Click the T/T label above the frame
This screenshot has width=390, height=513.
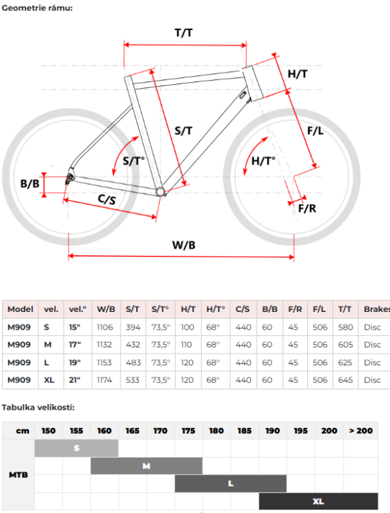click(x=183, y=33)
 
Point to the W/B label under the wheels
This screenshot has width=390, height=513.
click(x=183, y=245)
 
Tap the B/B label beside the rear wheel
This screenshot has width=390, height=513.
click(x=30, y=183)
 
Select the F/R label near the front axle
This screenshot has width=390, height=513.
click(x=307, y=209)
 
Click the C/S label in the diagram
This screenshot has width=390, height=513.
click(x=107, y=199)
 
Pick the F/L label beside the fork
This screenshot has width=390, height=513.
click(x=315, y=131)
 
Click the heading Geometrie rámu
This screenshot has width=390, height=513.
click(x=37, y=8)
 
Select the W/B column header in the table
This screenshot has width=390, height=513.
click(x=106, y=309)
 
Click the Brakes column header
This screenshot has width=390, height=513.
click(x=376, y=309)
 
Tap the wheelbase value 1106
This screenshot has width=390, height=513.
click(x=105, y=327)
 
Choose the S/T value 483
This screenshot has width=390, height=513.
click(x=133, y=363)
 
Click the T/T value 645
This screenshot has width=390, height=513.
click(x=346, y=380)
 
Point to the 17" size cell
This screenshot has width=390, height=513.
click(x=75, y=345)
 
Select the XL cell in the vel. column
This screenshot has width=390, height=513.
click(x=49, y=380)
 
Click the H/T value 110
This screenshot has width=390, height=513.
click(x=186, y=345)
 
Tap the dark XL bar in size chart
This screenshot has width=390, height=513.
click(x=318, y=501)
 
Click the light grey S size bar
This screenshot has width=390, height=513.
click(x=77, y=448)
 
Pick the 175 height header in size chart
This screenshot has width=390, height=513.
click(x=188, y=431)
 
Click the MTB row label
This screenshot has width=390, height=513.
click(x=18, y=475)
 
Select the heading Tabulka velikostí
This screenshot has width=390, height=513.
click(x=38, y=408)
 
